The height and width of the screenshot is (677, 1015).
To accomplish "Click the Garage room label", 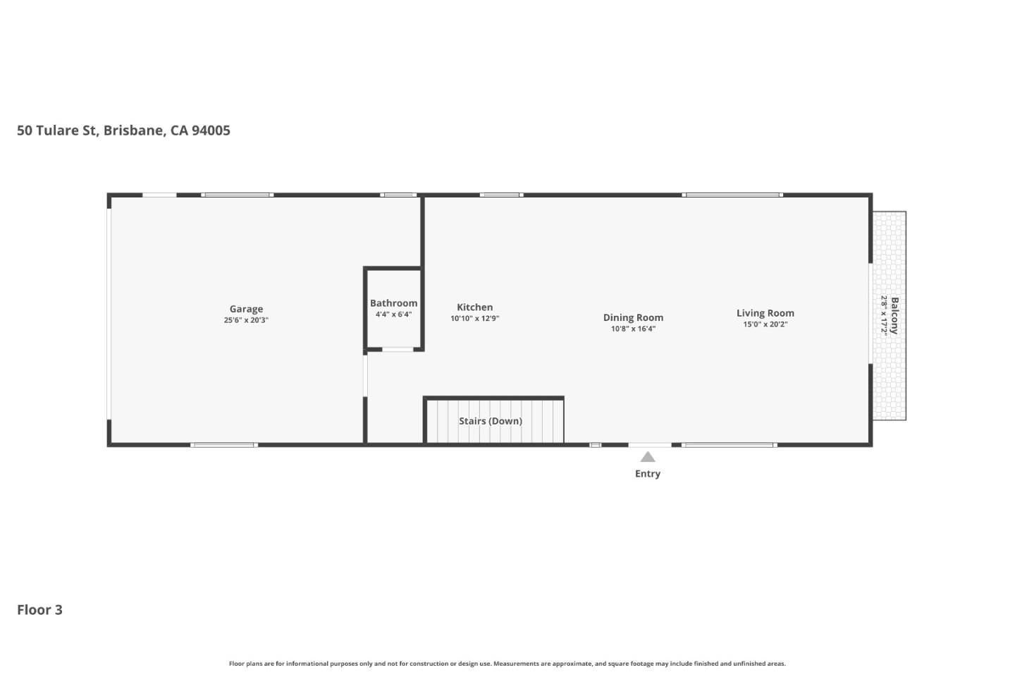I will click(246, 309).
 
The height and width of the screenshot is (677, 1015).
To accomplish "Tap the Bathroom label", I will click(393, 303).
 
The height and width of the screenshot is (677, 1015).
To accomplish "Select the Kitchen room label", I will click(474, 307).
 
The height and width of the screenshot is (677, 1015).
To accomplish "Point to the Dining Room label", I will click(633, 317).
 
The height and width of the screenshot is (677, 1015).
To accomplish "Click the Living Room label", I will click(765, 313).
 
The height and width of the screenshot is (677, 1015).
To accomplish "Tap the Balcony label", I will click(894, 315).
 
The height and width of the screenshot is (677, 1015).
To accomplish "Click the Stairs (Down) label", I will click(491, 421).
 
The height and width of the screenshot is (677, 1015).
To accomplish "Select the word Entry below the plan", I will click(647, 474).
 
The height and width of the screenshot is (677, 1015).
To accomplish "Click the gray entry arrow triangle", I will click(648, 457).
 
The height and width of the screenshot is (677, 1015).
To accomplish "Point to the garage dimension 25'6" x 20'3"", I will click(246, 320).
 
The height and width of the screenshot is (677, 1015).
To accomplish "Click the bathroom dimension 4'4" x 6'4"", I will click(393, 315).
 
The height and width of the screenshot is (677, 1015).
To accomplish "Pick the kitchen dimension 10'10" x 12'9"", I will click(474, 319).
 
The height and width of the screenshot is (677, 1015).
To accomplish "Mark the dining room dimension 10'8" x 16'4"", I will click(633, 329).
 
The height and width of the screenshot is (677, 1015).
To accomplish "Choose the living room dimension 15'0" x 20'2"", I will click(765, 324).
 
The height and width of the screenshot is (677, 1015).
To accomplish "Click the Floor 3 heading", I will click(40, 610).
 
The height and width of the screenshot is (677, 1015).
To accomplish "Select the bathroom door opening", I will click(398, 349).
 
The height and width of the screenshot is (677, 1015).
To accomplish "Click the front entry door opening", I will click(650, 445).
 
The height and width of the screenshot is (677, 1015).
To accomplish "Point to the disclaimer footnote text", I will click(507, 664).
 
